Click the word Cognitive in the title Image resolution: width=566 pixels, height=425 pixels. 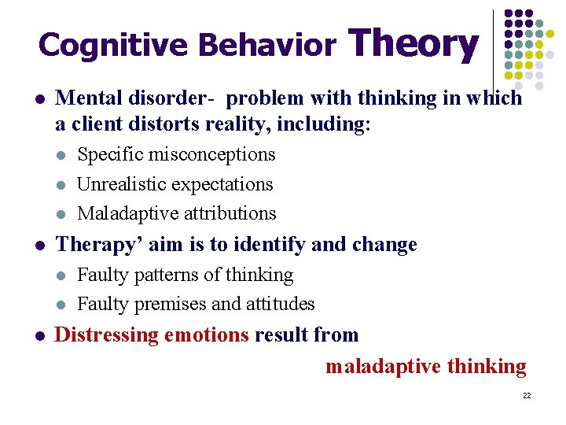pyautogui.click(x=112, y=45)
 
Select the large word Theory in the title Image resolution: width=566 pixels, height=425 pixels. pyautogui.click(x=413, y=43)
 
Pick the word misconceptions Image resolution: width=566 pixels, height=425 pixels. pyautogui.click(x=211, y=154)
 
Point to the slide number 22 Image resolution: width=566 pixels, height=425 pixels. pyautogui.click(x=527, y=395)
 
